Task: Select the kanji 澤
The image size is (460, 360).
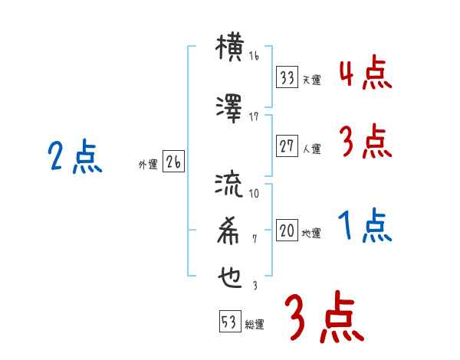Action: tap(230, 108)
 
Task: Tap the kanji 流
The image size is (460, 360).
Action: tap(230, 185)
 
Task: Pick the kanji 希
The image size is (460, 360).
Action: tap(230, 230)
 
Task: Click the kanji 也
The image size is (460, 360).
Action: tap(230, 276)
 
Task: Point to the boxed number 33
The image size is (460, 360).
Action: tap(287, 77)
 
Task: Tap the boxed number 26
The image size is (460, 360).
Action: tap(173, 162)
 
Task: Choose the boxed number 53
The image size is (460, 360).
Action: tap(228, 323)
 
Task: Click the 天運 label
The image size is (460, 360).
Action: tap(311, 80)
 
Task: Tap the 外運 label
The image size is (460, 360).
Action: tap(147, 164)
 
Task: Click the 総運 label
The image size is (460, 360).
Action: tap(254, 326)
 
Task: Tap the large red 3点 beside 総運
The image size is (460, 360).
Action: tap(324, 318)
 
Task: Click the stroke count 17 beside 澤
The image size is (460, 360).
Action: tap(255, 116)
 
